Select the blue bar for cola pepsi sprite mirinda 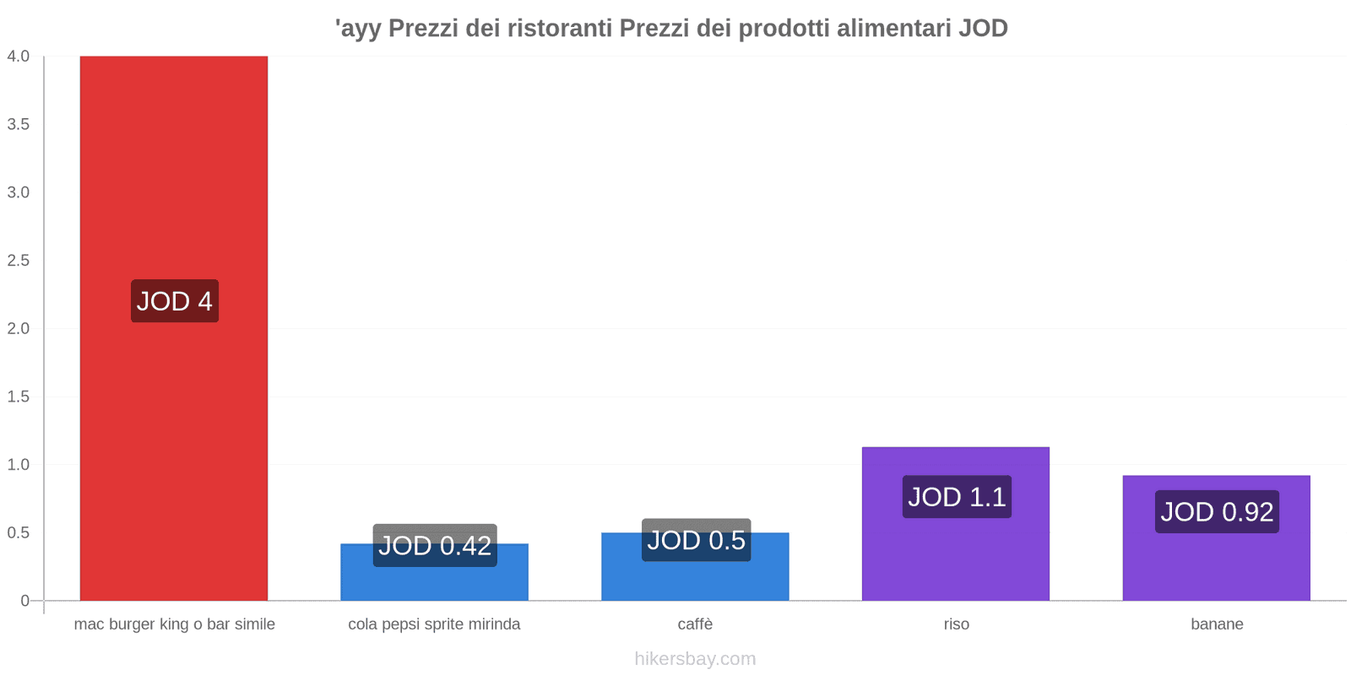[434, 582]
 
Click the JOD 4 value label [175, 301]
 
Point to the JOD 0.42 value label [435, 546]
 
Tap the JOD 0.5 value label [696, 540]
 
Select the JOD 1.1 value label [957, 497]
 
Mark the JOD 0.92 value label [1217, 511]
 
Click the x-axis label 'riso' [957, 624]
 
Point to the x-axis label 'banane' [1217, 624]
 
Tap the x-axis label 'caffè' [695, 624]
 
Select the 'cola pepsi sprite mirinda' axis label [434, 624]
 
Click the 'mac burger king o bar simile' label [175, 624]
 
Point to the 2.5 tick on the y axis [19, 261]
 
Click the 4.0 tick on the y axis [19, 57]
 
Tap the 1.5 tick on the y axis [19, 397]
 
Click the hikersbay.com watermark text [695, 659]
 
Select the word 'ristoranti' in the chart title [559, 29]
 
